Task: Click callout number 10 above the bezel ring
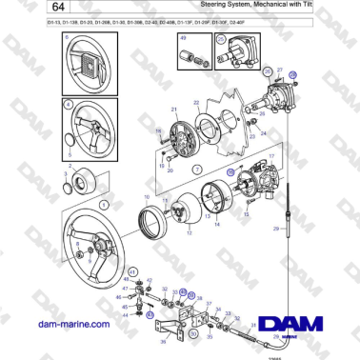click(x=146, y=196)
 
